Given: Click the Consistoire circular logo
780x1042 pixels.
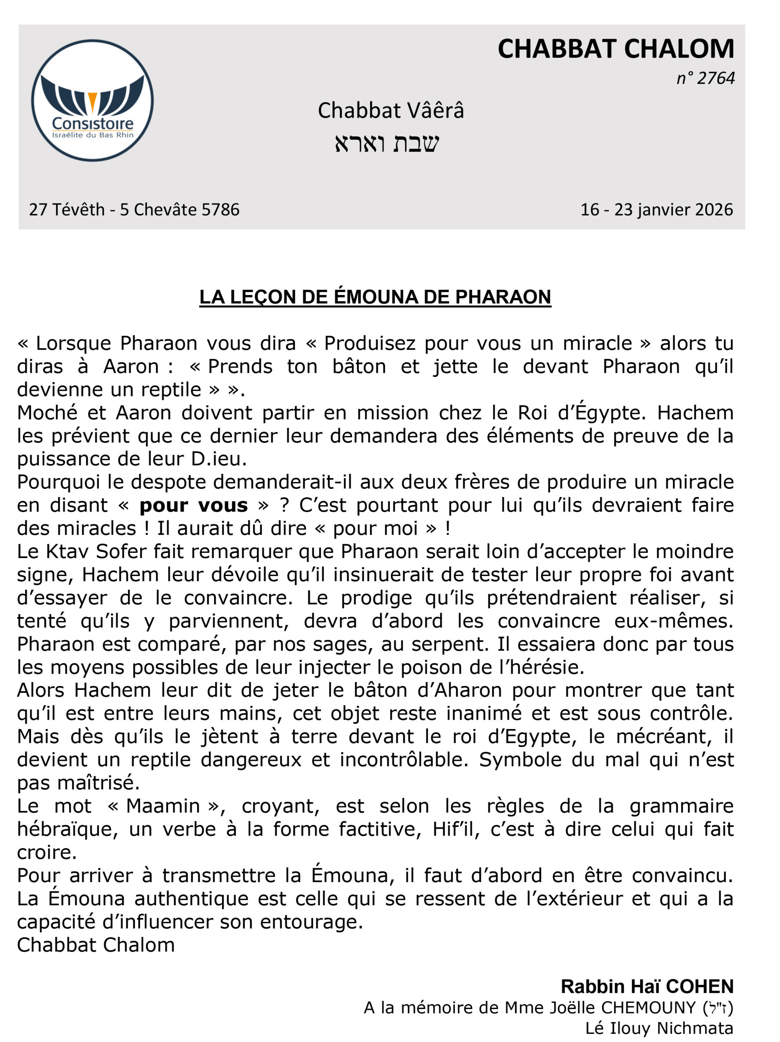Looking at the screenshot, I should tap(92, 101).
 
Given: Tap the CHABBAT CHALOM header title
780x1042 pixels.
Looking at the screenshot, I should tap(615, 49).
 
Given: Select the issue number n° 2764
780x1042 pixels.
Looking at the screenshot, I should tap(705, 78).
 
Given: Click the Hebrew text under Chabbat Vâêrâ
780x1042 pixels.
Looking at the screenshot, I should tap(387, 143).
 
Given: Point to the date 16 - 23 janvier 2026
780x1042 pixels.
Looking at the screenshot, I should tap(656, 210).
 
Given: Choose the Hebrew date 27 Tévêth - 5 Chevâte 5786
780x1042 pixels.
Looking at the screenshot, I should tap(134, 210).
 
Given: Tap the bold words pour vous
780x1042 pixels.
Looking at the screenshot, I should tap(193, 506).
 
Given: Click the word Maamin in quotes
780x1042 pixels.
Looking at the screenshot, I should tap(163, 806).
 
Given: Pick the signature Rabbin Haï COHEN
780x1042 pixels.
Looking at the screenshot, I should tap(647, 986).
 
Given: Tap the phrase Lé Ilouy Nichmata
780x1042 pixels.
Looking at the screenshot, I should tap(659, 1028).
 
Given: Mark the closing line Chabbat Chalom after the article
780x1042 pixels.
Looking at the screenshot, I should tap(96, 945).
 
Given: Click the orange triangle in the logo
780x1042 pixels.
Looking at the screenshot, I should tap(92, 101).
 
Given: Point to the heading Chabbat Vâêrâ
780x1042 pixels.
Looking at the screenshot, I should tap(391, 111).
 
